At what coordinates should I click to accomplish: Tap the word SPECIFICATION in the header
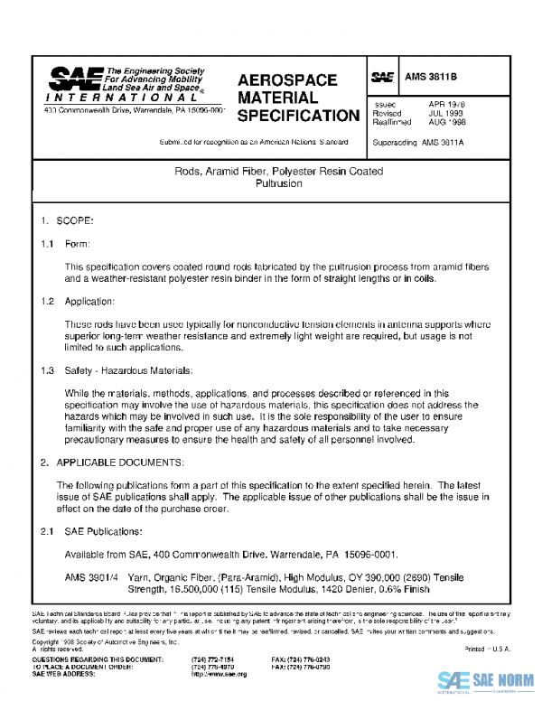(297, 117)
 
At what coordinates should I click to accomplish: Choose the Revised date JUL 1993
(447, 114)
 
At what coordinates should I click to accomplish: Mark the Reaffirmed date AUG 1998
(449, 122)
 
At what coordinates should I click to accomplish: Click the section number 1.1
(48, 244)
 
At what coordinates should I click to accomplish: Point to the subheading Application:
(90, 301)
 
